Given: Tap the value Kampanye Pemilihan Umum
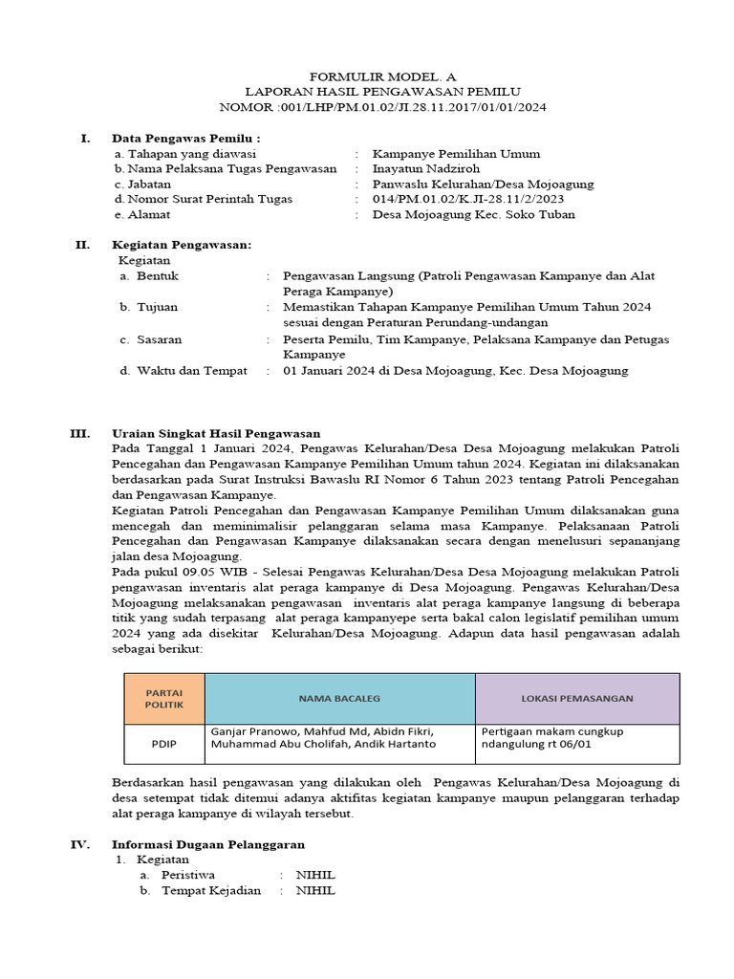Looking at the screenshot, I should tap(456, 153).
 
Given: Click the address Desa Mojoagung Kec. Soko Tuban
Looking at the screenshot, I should tap(473, 214).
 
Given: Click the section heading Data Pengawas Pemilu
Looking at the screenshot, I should tap(185, 138).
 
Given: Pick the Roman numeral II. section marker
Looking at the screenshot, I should tap(83, 245).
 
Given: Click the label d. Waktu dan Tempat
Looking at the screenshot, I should tap(183, 370).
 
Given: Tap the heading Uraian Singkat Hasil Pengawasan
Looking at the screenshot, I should tap(216, 432).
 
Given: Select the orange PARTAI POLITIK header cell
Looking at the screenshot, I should tap(163, 698).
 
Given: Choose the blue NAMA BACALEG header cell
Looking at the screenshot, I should tap(339, 698).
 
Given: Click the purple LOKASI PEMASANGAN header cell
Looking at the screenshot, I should tap(576, 698).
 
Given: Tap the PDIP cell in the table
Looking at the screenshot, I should tap(163, 744).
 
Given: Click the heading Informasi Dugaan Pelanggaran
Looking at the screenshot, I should tap(208, 844).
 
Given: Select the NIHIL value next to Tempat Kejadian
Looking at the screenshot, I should tap(315, 890).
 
